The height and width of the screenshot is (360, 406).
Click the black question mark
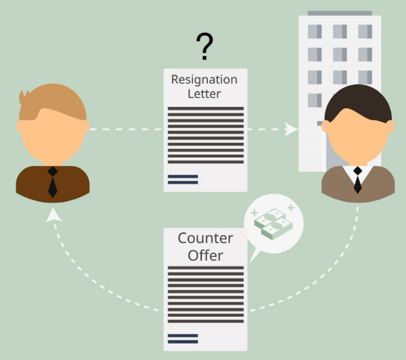click(x=205, y=46)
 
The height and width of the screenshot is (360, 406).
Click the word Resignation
click(x=204, y=80)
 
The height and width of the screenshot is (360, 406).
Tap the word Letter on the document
click(x=204, y=93)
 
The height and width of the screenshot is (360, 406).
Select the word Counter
click(x=206, y=238)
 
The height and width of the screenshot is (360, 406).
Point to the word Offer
click(x=206, y=255)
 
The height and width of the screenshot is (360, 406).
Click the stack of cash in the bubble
click(x=274, y=224)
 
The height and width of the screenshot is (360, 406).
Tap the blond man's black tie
click(x=53, y=181)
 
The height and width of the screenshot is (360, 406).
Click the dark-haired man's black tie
click(x=357, y=180)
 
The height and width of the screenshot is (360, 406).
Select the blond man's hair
click(x=52, y=102)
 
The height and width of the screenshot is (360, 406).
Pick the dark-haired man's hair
click(x=358, y=103)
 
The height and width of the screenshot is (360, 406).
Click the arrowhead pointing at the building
click(x=291, y=129)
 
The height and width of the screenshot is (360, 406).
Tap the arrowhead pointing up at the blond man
click(x=53, y=215)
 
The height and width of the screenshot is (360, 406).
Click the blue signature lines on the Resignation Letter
click(x=182, y=179)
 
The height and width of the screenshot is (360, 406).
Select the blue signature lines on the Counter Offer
click(x=182, y=339)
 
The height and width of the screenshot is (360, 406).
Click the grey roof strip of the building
click(x=340, y=13)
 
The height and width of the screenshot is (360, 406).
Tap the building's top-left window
click(x=315, y=31)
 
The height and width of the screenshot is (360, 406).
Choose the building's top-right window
click(x=365, y=31)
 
